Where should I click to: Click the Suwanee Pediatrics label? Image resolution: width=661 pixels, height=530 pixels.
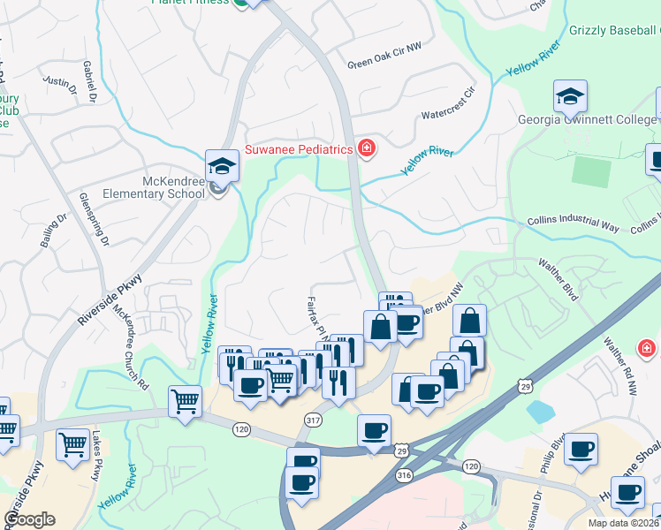click(x=298, y=149)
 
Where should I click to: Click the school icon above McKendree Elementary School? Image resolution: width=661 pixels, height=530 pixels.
click(x=222, y=165)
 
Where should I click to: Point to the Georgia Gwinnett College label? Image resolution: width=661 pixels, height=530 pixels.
click(x=589, y=120)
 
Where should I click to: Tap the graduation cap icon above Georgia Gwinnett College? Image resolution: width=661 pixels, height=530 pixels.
click(x=570, y=95)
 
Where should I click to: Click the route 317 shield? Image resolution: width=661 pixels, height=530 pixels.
click(x=312, y=419)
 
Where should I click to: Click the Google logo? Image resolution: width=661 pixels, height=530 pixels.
click(x=29, y=519)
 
